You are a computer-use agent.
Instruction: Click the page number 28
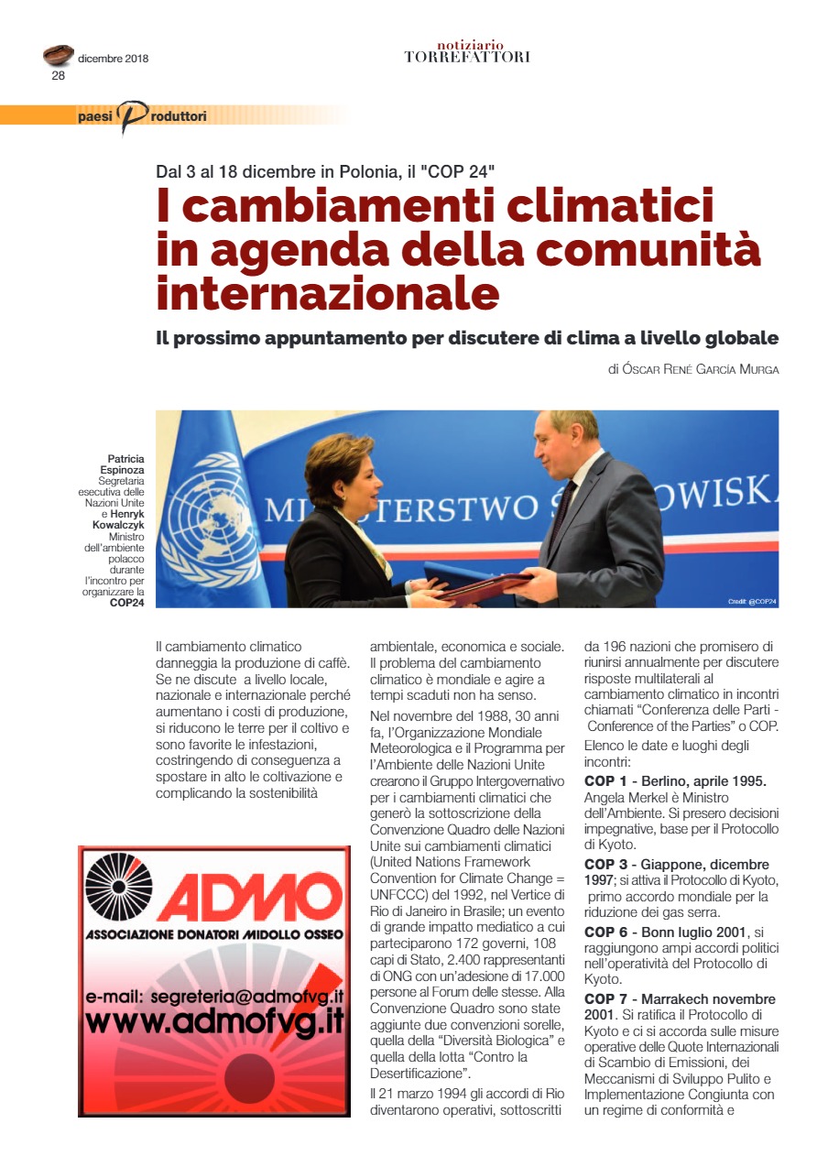click(58, 76)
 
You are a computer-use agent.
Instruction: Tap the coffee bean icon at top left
click(59, 56)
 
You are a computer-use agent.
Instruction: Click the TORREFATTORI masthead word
click(467, 58)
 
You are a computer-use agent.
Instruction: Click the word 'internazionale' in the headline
click(328, 293)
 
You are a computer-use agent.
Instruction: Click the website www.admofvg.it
click(216, 1021)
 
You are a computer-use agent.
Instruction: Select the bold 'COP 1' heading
click(607, 780)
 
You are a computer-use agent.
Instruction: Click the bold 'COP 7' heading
click(607, 998)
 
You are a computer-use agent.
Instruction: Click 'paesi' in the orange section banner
click(95, 116)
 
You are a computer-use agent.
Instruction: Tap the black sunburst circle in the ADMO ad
click(119, 887)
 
